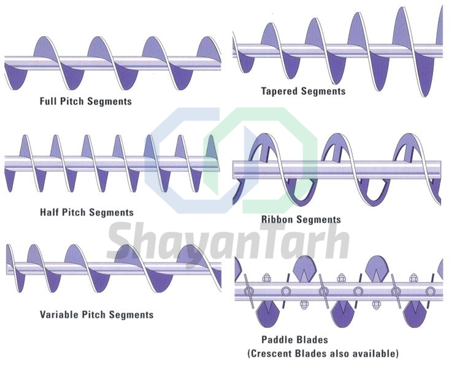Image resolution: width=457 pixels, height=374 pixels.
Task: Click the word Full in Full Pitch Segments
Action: tap(48, 101)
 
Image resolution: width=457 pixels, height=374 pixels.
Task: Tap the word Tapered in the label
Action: tap(280, 91)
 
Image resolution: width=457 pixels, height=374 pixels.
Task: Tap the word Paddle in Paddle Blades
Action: tap(276, 340)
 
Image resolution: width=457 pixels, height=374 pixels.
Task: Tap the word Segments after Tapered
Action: tap(323, 91)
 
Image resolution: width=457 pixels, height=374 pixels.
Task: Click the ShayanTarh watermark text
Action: tap(228, 241)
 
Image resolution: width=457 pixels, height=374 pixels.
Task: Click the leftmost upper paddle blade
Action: tap(304, 268)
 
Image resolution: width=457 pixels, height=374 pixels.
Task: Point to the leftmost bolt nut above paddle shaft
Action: tap(266, 278)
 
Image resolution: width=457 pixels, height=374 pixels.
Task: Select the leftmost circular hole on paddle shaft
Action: tap(248, 291)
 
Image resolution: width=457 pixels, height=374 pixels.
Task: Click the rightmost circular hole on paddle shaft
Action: tap(430, 291)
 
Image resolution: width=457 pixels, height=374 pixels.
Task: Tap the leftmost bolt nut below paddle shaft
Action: tap(304, 305)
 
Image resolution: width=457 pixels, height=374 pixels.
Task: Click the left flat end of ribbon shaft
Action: tap(234, 170)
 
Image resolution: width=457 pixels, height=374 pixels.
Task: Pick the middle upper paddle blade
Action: tap(377, 268)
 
